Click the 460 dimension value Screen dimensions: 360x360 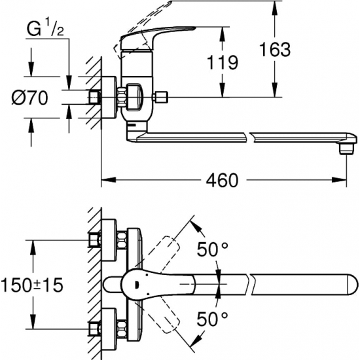pos(222,180)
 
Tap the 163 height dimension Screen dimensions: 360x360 pos(275,49)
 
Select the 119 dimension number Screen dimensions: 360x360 pos(223,62)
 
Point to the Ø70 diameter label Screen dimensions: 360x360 pos(30,98)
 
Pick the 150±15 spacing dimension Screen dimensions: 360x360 pos(32,285)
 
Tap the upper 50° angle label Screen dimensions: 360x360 pos(212,249)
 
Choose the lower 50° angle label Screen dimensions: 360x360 pos(212,319)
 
